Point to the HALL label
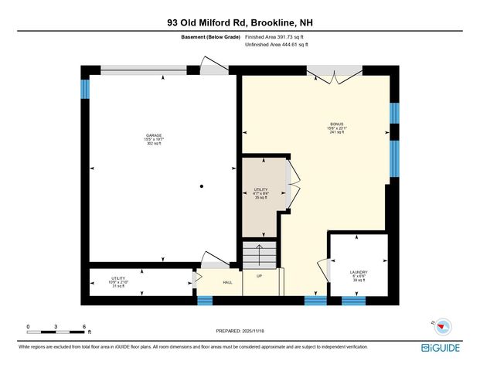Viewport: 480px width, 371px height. (228, 282)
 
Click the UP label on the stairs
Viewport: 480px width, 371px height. (260, 276)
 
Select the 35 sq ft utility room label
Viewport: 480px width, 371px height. (260, 193)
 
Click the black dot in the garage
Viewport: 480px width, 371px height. (201, 186)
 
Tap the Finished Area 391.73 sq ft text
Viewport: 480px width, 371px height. (276, 36)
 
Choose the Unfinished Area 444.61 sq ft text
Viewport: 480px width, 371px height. (276, 46)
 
